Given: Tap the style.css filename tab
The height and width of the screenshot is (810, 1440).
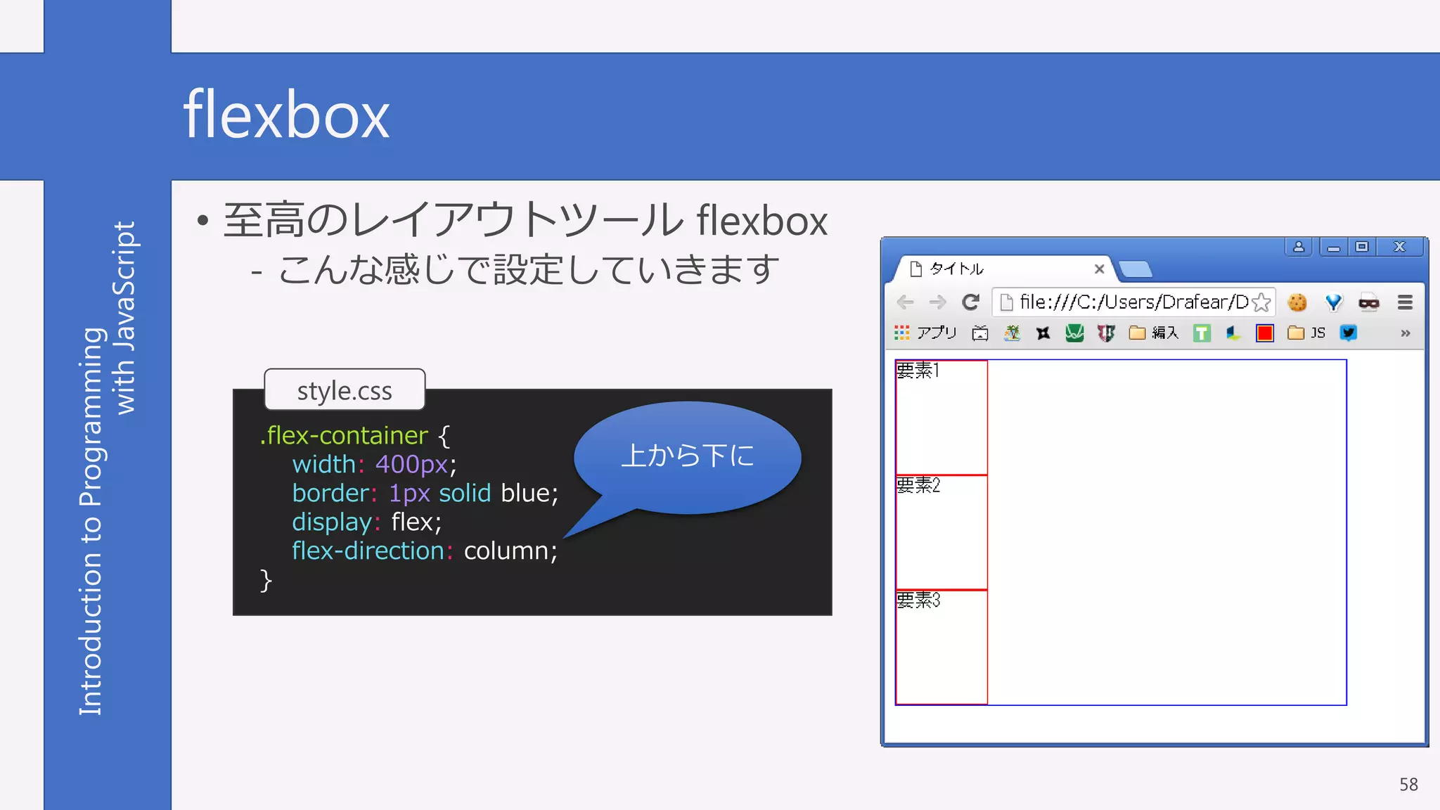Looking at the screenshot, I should point(345,390).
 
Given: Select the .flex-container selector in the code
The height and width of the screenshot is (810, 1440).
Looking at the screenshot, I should point(344,436).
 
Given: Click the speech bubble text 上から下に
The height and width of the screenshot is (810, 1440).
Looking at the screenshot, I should point(687,456).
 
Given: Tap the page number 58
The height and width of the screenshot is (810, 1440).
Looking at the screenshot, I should point(1408,785).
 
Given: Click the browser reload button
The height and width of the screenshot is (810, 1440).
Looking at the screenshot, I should point(970,302).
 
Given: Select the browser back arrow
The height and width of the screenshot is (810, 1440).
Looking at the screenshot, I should point(906,302).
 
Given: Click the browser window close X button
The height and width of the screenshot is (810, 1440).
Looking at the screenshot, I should point(1399,247).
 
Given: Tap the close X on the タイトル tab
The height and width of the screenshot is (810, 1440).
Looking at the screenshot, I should point(1100,269).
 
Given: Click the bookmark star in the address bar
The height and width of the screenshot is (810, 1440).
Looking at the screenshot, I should point(1261,302).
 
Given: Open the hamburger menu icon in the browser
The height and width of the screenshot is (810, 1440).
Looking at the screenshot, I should point(1405,302).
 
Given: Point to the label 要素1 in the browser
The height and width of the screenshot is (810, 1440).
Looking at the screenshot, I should point(918,371).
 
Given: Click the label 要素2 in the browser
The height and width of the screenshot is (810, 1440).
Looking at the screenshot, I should point(918,485).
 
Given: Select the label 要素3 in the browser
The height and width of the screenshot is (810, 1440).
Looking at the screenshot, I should point(918,600).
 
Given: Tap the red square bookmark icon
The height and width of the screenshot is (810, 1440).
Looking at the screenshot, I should point(1265,333).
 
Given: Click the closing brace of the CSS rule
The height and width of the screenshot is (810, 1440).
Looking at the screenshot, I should point(266,581).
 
